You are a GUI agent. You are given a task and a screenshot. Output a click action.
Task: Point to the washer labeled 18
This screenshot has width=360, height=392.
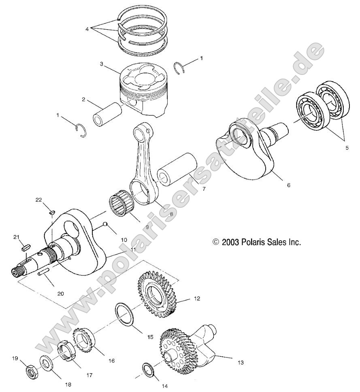46,363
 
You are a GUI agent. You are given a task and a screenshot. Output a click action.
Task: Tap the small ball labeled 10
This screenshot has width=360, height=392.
104,224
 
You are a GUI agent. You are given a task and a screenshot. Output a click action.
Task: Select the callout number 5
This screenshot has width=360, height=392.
347,148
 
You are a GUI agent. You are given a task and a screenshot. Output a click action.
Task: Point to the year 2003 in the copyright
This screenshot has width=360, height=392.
231,242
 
